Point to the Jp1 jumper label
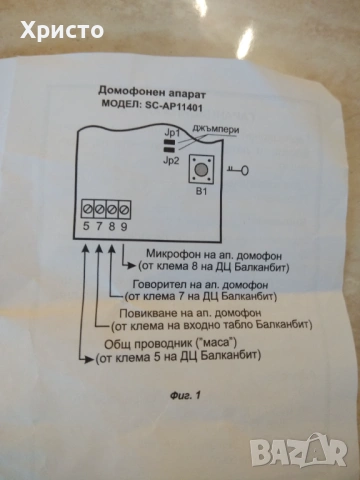click(x=172, y=132)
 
